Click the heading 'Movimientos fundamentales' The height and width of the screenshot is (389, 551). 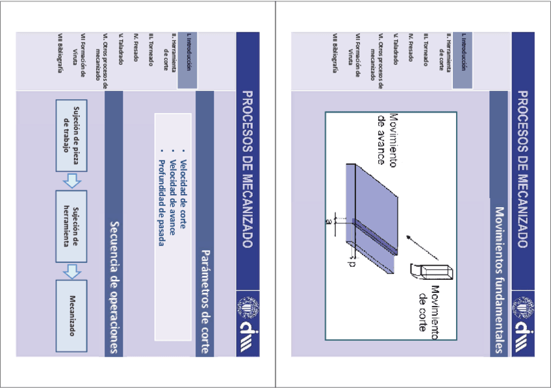499,280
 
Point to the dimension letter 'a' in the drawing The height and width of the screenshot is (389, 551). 329,221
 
